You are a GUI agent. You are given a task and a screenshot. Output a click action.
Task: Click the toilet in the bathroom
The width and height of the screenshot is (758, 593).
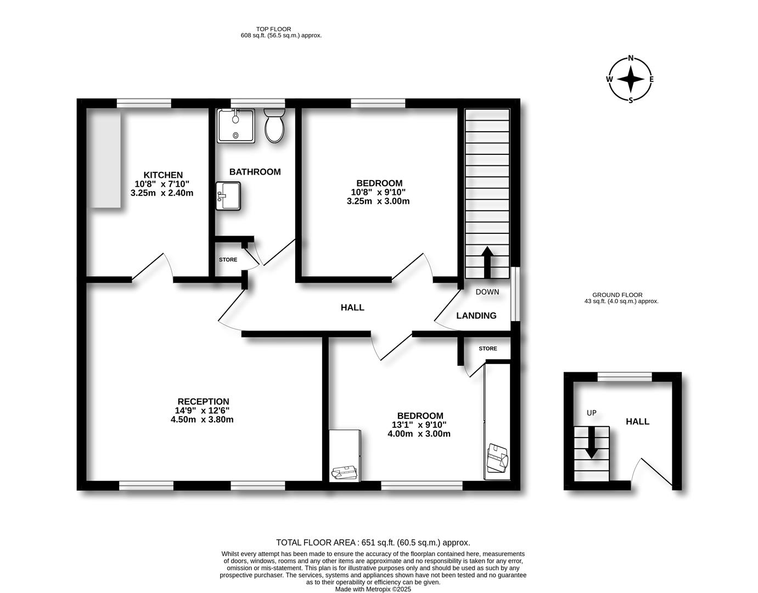(x=274, y=125)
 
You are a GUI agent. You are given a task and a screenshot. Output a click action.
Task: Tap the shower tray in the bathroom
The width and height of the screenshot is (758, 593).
(x=236, y=126)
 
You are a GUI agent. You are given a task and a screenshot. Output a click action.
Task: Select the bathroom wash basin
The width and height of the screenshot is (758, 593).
(x=228, y=196)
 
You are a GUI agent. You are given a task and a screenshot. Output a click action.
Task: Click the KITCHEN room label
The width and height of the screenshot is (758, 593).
(x=163, y=175)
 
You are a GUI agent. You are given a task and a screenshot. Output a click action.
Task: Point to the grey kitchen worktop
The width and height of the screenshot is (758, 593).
(x=106, y=160)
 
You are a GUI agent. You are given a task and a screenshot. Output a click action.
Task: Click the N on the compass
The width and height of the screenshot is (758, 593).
(x=631, y=58)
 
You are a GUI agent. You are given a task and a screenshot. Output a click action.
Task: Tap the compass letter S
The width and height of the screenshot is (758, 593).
(x=631, y=100)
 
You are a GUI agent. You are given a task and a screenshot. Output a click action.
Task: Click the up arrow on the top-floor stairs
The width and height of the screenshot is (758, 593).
(x=487, y=262)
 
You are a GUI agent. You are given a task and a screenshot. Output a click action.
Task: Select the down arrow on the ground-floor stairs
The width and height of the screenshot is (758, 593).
(x=592, y=443)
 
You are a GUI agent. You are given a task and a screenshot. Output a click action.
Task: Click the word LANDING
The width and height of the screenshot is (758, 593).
(x=476, y=316)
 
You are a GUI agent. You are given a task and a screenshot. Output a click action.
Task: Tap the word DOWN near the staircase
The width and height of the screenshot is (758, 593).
(x=487, y=292)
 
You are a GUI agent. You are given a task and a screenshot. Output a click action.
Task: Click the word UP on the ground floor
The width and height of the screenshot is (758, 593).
(x=592, y=413)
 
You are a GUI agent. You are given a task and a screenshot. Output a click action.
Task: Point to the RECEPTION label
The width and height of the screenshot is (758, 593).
(x=204, y=401)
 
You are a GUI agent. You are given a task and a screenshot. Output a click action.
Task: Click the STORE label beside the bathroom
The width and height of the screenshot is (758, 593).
(x=228, y=260)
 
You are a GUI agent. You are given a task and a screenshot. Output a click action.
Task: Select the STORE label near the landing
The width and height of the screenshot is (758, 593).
(x=488, y=349)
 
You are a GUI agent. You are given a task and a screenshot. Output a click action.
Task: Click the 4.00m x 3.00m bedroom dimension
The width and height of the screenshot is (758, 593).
(x=419, y=434)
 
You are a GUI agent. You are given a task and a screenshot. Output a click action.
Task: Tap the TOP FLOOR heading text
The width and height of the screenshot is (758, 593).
(x=273, y=29)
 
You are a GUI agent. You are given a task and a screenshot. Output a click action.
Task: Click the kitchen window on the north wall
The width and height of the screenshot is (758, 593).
(x=144, y=103)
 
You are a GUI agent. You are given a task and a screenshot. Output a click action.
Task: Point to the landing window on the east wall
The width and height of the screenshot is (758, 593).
(x=515, y=294)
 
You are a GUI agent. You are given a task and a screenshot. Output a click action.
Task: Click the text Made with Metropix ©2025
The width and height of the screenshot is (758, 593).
(x=373, y=589)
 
